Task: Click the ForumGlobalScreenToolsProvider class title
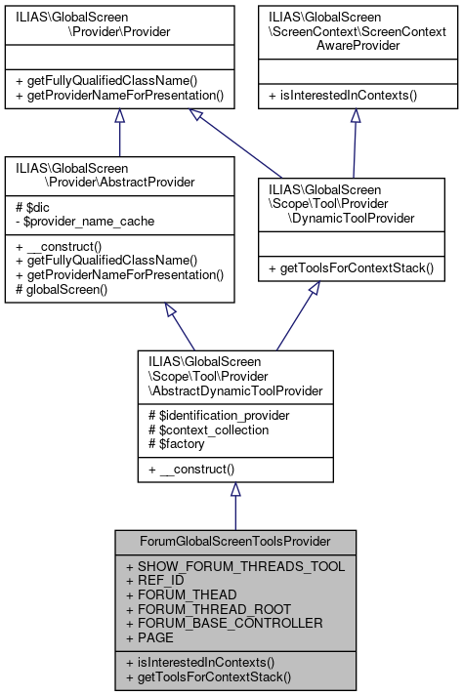(234, 540)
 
